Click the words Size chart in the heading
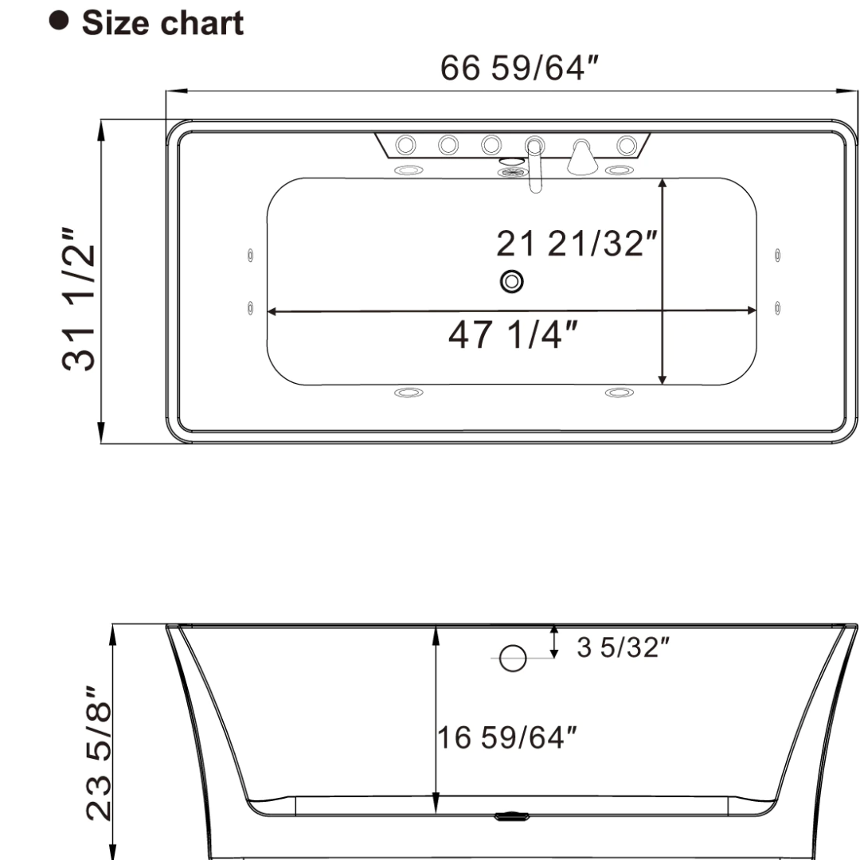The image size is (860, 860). click(x=162, y=22)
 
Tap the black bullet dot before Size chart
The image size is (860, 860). click(x=58, y=21)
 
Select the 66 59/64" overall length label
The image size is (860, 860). click(x=520, y=69)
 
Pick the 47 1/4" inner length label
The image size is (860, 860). click(x=513, y=335)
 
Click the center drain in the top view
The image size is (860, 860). click(x=512, y=281)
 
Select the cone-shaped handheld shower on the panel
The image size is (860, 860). click(x=583, y=160)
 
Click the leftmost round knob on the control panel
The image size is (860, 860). click(x=406, y=144)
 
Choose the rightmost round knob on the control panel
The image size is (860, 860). click(x=627, y=144)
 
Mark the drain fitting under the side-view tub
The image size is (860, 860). click(x=512, y=817)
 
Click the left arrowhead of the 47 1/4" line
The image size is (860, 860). click(x=272, y=311)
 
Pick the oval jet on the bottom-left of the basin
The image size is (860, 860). click(x=408, y=393)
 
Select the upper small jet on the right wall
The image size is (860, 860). click(x=778, y=256)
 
